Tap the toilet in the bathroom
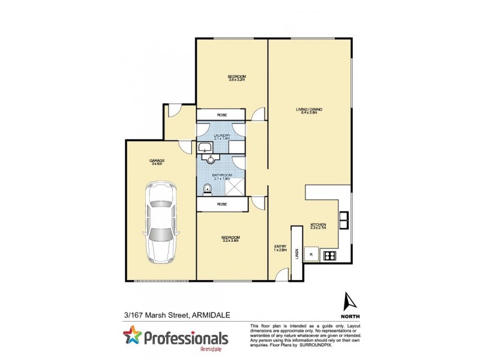[x=207, y=190]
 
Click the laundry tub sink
[x=205, y=148]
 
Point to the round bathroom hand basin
[x=211, y=159]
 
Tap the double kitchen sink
[x=344, y=221]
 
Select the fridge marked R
[x=311, y=254]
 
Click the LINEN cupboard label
[x=297, y=254]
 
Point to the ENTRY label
[x=280, y=248]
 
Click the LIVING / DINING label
[x=309, y=110]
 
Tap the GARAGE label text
[x=157, y=161]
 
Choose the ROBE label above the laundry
[x=221, y=115]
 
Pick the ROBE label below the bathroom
[x=221, y=205]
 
